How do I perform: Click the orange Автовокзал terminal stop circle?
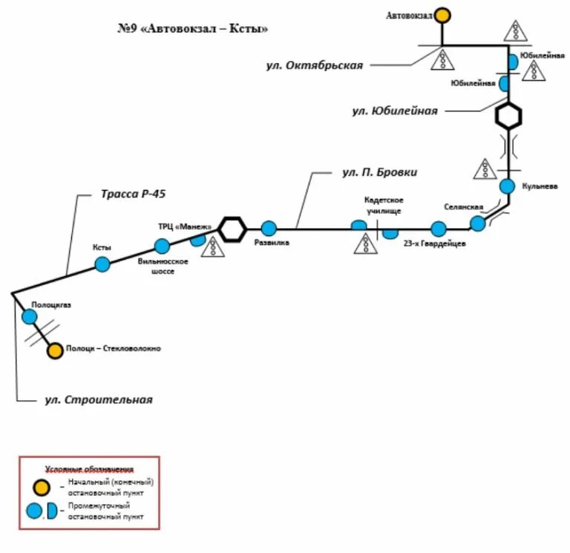click(x=442, y=15)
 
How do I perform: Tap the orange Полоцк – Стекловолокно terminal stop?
click(x=55, y=350)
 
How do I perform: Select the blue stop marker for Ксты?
click(x=102, y=264)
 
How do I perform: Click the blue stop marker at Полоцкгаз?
click(x=29, y=317)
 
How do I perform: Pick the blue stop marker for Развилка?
click(x=269, y=229)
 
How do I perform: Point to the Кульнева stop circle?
click(x=507, y=186)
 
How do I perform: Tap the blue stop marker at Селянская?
click(x=478, y=223)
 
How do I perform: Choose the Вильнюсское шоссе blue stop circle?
click(x=162, y=246)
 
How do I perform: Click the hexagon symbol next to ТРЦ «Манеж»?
click(x=232, y=229)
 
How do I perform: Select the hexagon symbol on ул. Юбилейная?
click(x=508, y=116)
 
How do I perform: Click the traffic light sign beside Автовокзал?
click(x=515, y=30)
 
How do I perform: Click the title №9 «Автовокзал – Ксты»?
click(x=192, y=29)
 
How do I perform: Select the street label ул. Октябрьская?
click(x=315, y=65)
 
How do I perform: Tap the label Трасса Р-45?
click(x=134, y=194)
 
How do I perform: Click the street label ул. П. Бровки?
click(x=379, y=172)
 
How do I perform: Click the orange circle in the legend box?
click(x=40, y=487)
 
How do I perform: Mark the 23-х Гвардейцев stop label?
click(x=434, y=243)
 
